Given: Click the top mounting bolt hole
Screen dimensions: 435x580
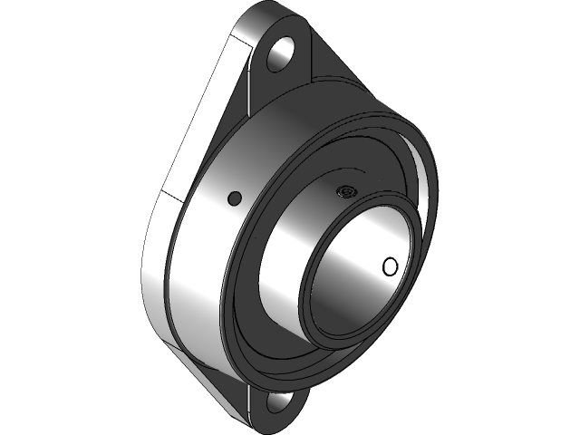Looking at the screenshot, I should (x=283, y=52).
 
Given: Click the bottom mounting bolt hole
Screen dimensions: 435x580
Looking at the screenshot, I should (x=276, y=401).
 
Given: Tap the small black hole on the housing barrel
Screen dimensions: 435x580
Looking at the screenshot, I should (x=234, y=198).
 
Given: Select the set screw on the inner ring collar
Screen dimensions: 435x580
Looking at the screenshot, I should (x=344, y=191).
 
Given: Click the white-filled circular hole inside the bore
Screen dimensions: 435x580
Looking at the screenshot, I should (x=391, y=266).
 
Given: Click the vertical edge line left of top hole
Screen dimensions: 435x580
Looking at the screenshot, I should (x=249, y=72).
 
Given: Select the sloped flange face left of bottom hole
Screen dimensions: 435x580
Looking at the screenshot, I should (x=227, y=381).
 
